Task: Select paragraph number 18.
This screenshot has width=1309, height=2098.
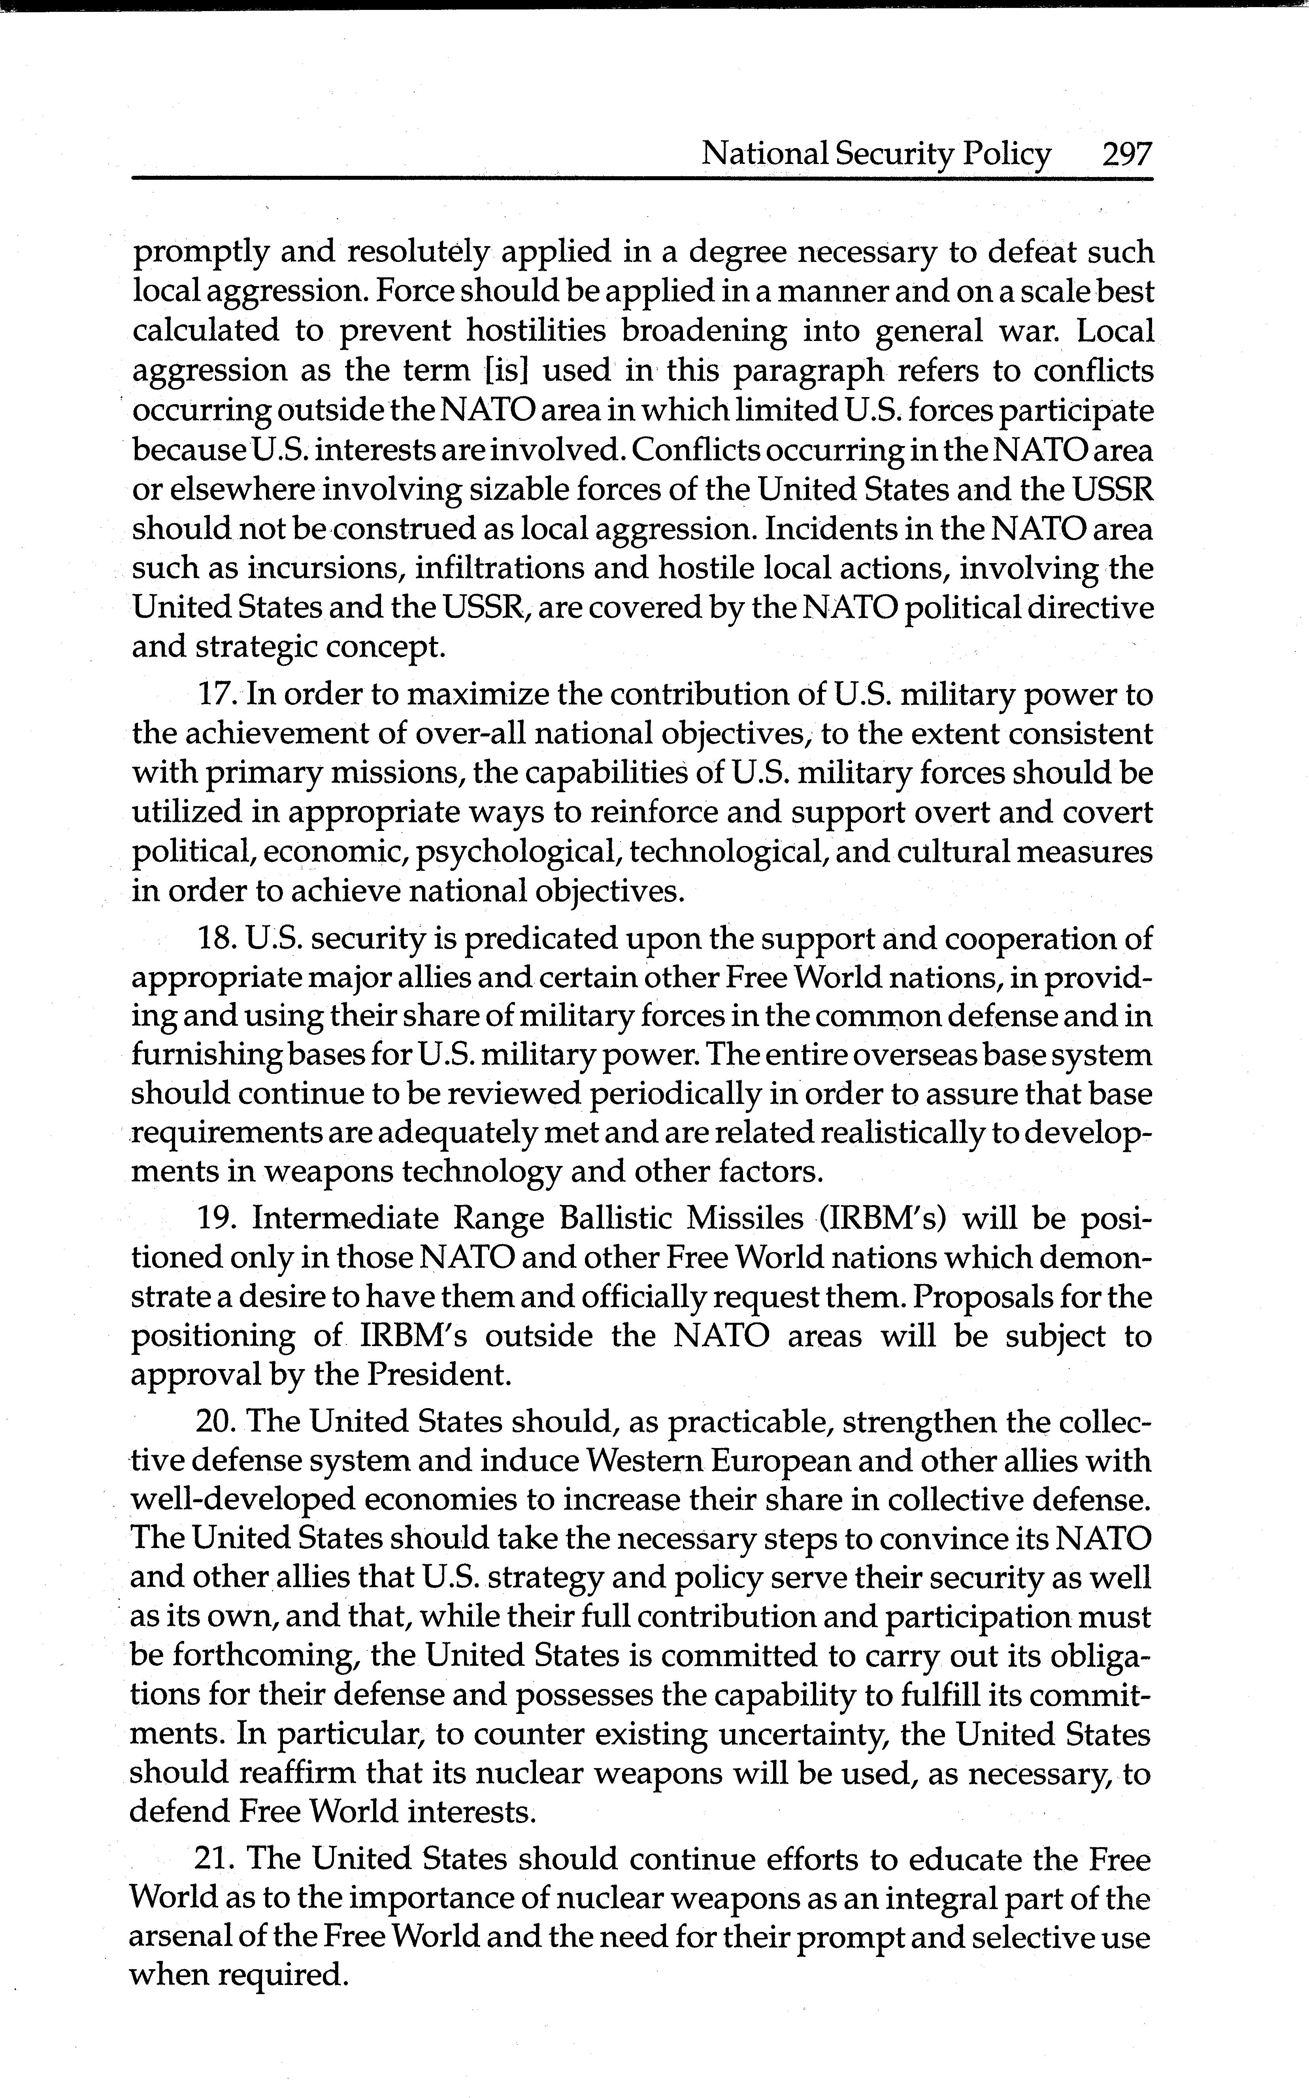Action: pyautogui.click(x=217, y=938)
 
